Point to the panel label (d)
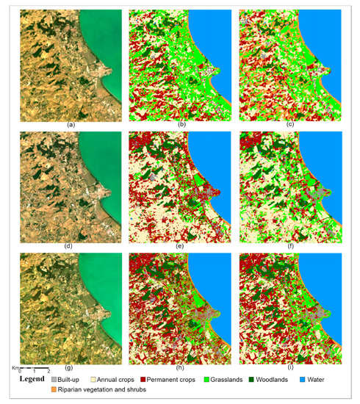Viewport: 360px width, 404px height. coord(71,248)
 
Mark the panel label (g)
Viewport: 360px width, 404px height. coord(71,369)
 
